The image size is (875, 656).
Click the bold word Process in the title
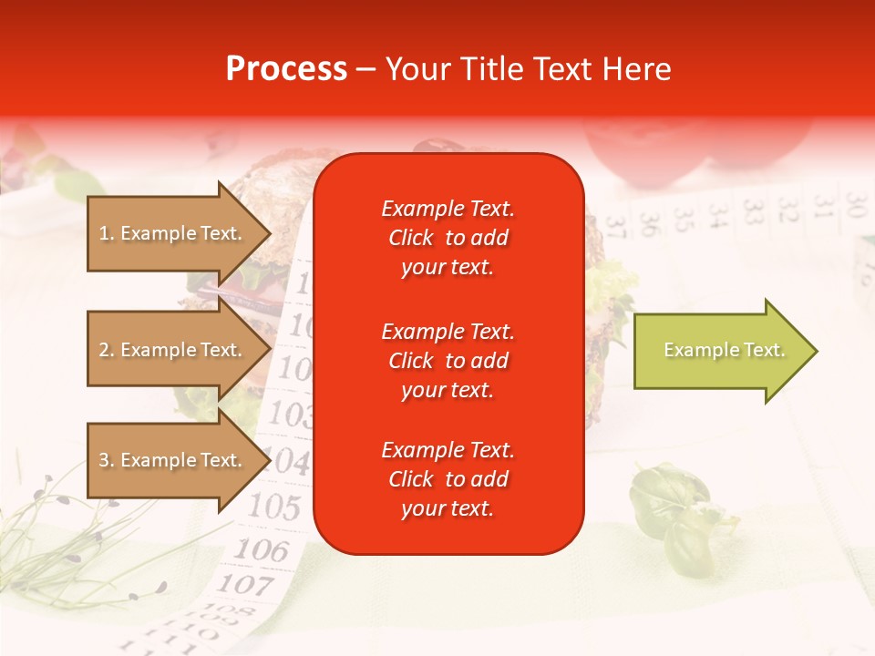(x=286, y=69)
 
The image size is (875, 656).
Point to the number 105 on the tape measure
(x=273, y=506)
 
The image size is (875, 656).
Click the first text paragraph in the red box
(x=448, y=238)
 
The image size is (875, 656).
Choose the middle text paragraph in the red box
(x=448, y=361)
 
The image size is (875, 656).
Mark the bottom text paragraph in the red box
(x=448, y=479)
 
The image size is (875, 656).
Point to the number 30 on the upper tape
(x=854, y=201)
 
